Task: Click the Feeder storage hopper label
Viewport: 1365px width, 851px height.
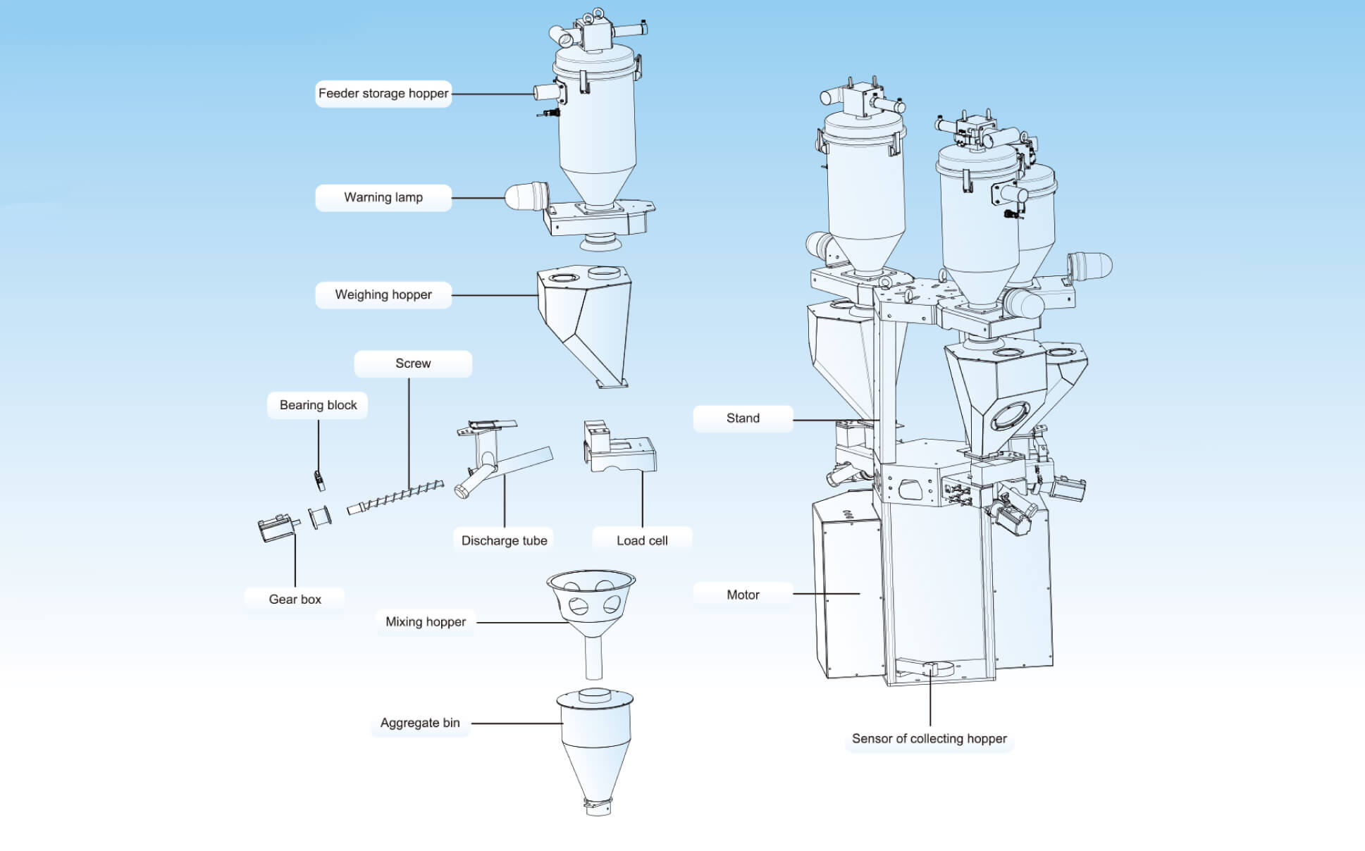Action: point(383,94)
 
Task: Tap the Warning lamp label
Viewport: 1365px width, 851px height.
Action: point(383,198)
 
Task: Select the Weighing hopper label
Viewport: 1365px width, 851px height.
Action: point(383,295)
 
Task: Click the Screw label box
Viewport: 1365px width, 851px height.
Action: point(413,364)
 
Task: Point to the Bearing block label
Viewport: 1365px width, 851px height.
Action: point(318,405)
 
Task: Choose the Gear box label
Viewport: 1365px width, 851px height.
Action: point(295,600)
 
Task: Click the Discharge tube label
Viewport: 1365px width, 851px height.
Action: point(504,540)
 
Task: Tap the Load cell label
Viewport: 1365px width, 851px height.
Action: point(642,540)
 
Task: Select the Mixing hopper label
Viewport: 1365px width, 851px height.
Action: point(426,622)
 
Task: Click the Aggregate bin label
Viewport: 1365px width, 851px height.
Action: point(420,723)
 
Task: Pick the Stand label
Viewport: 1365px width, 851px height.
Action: point(743,418)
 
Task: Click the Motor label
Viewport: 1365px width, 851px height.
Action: point(743,595)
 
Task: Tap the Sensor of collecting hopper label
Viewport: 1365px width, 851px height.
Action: point(929,739)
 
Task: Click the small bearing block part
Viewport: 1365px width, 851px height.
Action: point(319,480)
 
